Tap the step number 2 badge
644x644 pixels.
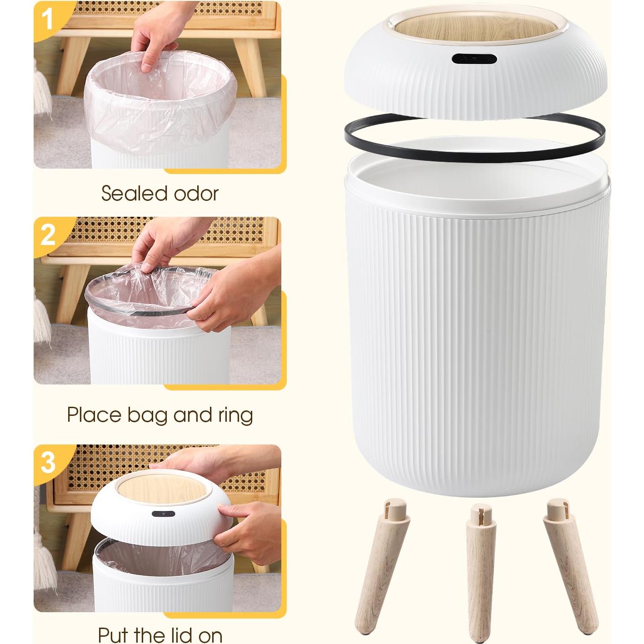click(x=48, y=235)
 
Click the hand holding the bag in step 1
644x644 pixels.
click(x=155, y=41)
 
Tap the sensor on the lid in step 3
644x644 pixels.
click(x=164, y=514)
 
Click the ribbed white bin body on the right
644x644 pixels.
click(x=477, y=341)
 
